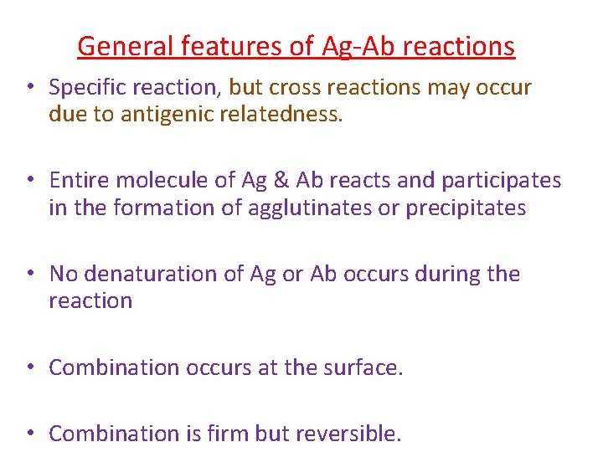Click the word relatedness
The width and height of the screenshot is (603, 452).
[x=282, y=114]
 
